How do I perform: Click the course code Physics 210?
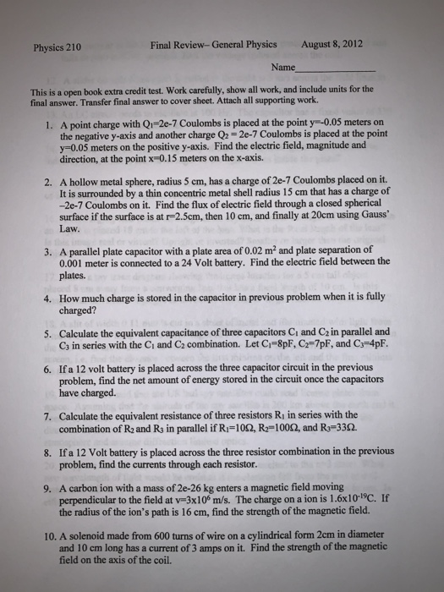tap(58, 47)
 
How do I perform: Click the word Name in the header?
tap(283, 67)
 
